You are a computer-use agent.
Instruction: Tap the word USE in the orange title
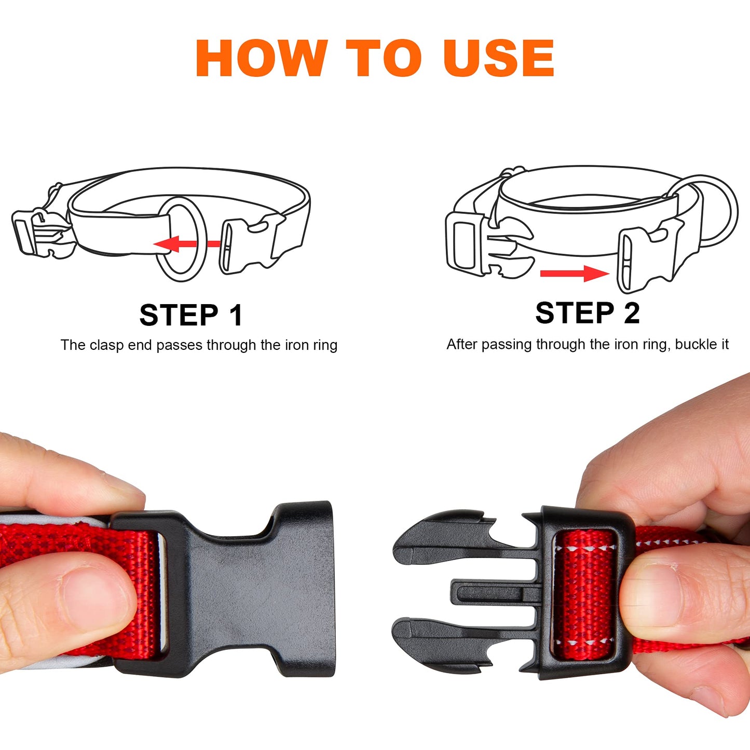click(499, 58)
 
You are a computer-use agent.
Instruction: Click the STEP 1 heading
click(191, 315)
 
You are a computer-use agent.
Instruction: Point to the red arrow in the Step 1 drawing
click(187, 244)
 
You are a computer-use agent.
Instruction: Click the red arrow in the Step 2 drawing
click(575, 273)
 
